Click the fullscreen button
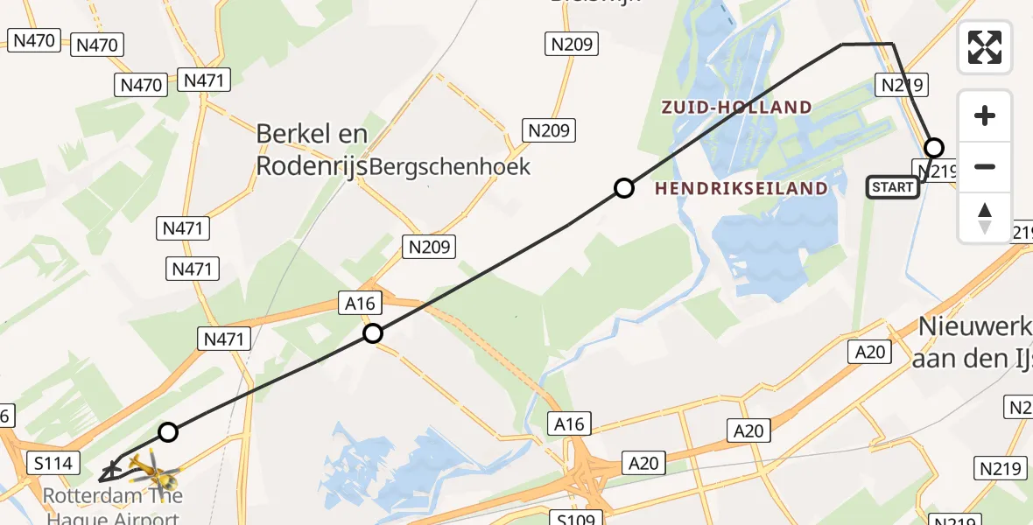[x=985, y=47]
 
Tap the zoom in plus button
[x=985, y=115]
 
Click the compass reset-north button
[x=985, y=218]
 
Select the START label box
[x=893, y=187]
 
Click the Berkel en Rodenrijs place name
[x=312, y=150]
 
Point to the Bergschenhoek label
[x=450, y=167]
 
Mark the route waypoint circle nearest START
[x=934, y=148]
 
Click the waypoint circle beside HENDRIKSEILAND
[x=623, y=187]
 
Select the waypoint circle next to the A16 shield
[x=373, y=333]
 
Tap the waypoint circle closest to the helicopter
[x=168, y=431]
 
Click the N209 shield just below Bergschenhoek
[x=430, y=247]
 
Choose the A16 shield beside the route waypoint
[x=360, y=304]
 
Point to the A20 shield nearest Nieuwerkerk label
[x=870, y=352]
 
